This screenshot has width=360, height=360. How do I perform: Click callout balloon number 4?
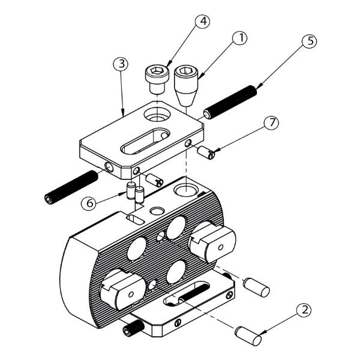(203, 21)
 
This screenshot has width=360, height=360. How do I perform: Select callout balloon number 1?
(239, 38)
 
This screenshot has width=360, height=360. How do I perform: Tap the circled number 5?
(309, 41)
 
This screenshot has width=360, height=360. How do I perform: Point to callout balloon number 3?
(121, 64)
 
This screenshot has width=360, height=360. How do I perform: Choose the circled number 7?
(271, 122)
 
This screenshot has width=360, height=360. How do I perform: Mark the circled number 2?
(304, 310)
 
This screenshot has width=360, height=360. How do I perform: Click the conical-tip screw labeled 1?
(186, 85)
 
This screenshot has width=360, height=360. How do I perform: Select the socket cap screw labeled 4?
(157, 79)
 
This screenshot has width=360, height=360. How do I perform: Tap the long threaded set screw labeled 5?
(230, 102)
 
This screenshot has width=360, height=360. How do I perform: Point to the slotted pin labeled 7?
(206, 152)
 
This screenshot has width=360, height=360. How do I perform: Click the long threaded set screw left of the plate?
(71, 187)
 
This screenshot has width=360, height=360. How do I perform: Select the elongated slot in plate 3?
(145, 141)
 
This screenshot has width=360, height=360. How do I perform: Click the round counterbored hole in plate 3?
(157, 115)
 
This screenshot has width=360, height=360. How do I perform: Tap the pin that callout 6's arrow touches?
(131, 190)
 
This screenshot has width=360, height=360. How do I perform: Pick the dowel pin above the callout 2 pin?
(256, 287)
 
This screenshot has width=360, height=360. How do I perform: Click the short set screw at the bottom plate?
(133, 328)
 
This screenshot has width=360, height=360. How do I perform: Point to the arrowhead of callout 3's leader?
(123, 114)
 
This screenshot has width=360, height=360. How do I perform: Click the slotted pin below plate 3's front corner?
(155, 180)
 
